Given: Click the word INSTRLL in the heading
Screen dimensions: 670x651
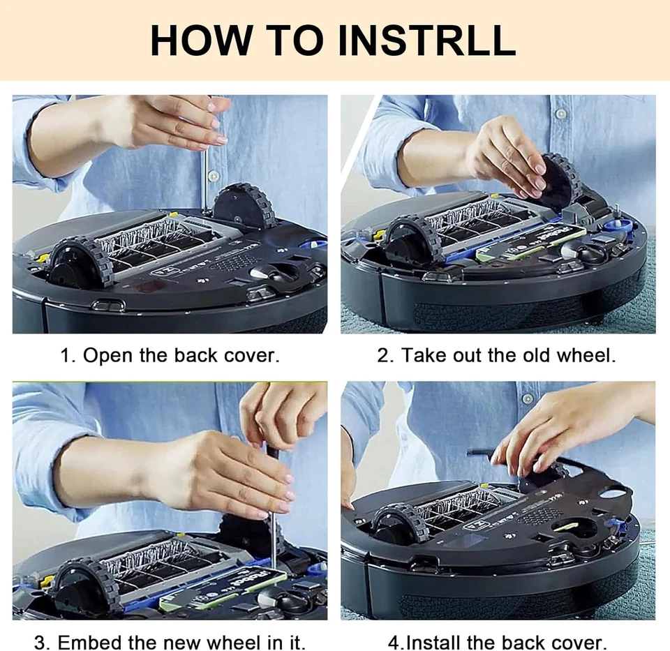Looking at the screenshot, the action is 426,40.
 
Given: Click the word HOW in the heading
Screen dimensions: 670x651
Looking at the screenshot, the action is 201,40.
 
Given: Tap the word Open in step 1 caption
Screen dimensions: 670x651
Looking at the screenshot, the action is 107,355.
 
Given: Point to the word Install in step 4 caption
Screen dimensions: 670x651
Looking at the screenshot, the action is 433,642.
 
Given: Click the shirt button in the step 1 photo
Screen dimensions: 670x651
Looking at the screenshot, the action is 213,175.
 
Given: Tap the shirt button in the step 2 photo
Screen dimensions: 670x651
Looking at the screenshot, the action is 560,113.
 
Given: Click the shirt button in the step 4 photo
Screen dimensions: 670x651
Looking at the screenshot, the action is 528,398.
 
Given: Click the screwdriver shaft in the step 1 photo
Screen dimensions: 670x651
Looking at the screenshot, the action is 204,179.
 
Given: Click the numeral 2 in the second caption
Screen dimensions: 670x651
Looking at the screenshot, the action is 382,355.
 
